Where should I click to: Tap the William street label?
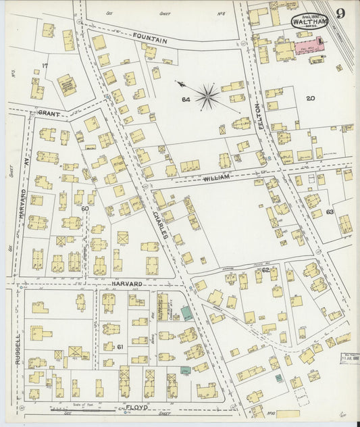(217, 177)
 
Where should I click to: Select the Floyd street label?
(137, 408)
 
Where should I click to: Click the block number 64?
(185, 100)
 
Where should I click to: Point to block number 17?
(45, 66)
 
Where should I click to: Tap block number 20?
(310, 99)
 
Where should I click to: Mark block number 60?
(85, 209)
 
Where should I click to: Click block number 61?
(121, 347)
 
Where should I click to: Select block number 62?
(265, 270)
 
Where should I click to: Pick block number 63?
(330, 211)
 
